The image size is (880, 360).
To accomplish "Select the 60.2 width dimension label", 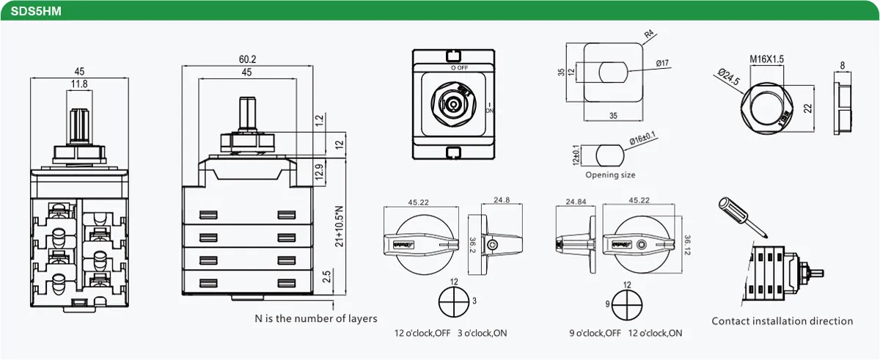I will [x=247, y=59].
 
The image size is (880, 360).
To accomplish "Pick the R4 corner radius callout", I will [x=648, y=34].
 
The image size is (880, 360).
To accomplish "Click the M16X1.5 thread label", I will [x=767, y=59].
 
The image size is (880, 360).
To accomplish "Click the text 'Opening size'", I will [x=610, y=175].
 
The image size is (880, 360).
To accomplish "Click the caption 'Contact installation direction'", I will [x=782, y=321].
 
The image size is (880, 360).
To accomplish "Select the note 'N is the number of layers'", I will [x=316, y=318].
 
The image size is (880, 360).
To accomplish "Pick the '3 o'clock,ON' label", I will [x=482, y=334].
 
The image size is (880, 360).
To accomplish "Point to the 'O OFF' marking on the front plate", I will [x=460, y=67].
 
